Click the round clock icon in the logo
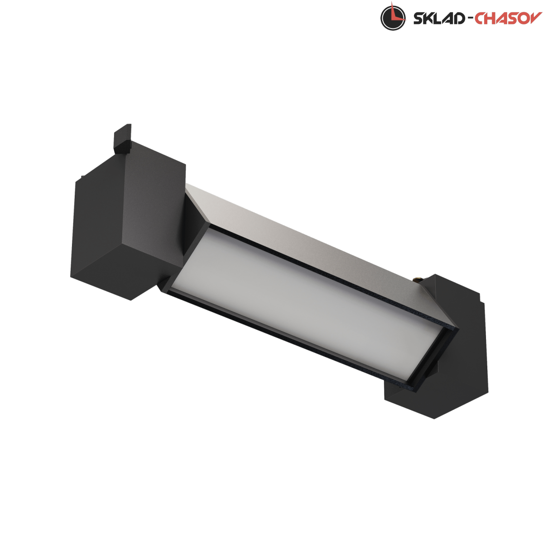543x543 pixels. [x=393, y=18]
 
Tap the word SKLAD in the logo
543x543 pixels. [x=439, y=19]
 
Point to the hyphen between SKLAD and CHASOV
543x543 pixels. [x=469, y=19]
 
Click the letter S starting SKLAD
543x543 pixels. [x=418, y=19]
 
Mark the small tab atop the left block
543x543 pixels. [x=122, y=138]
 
